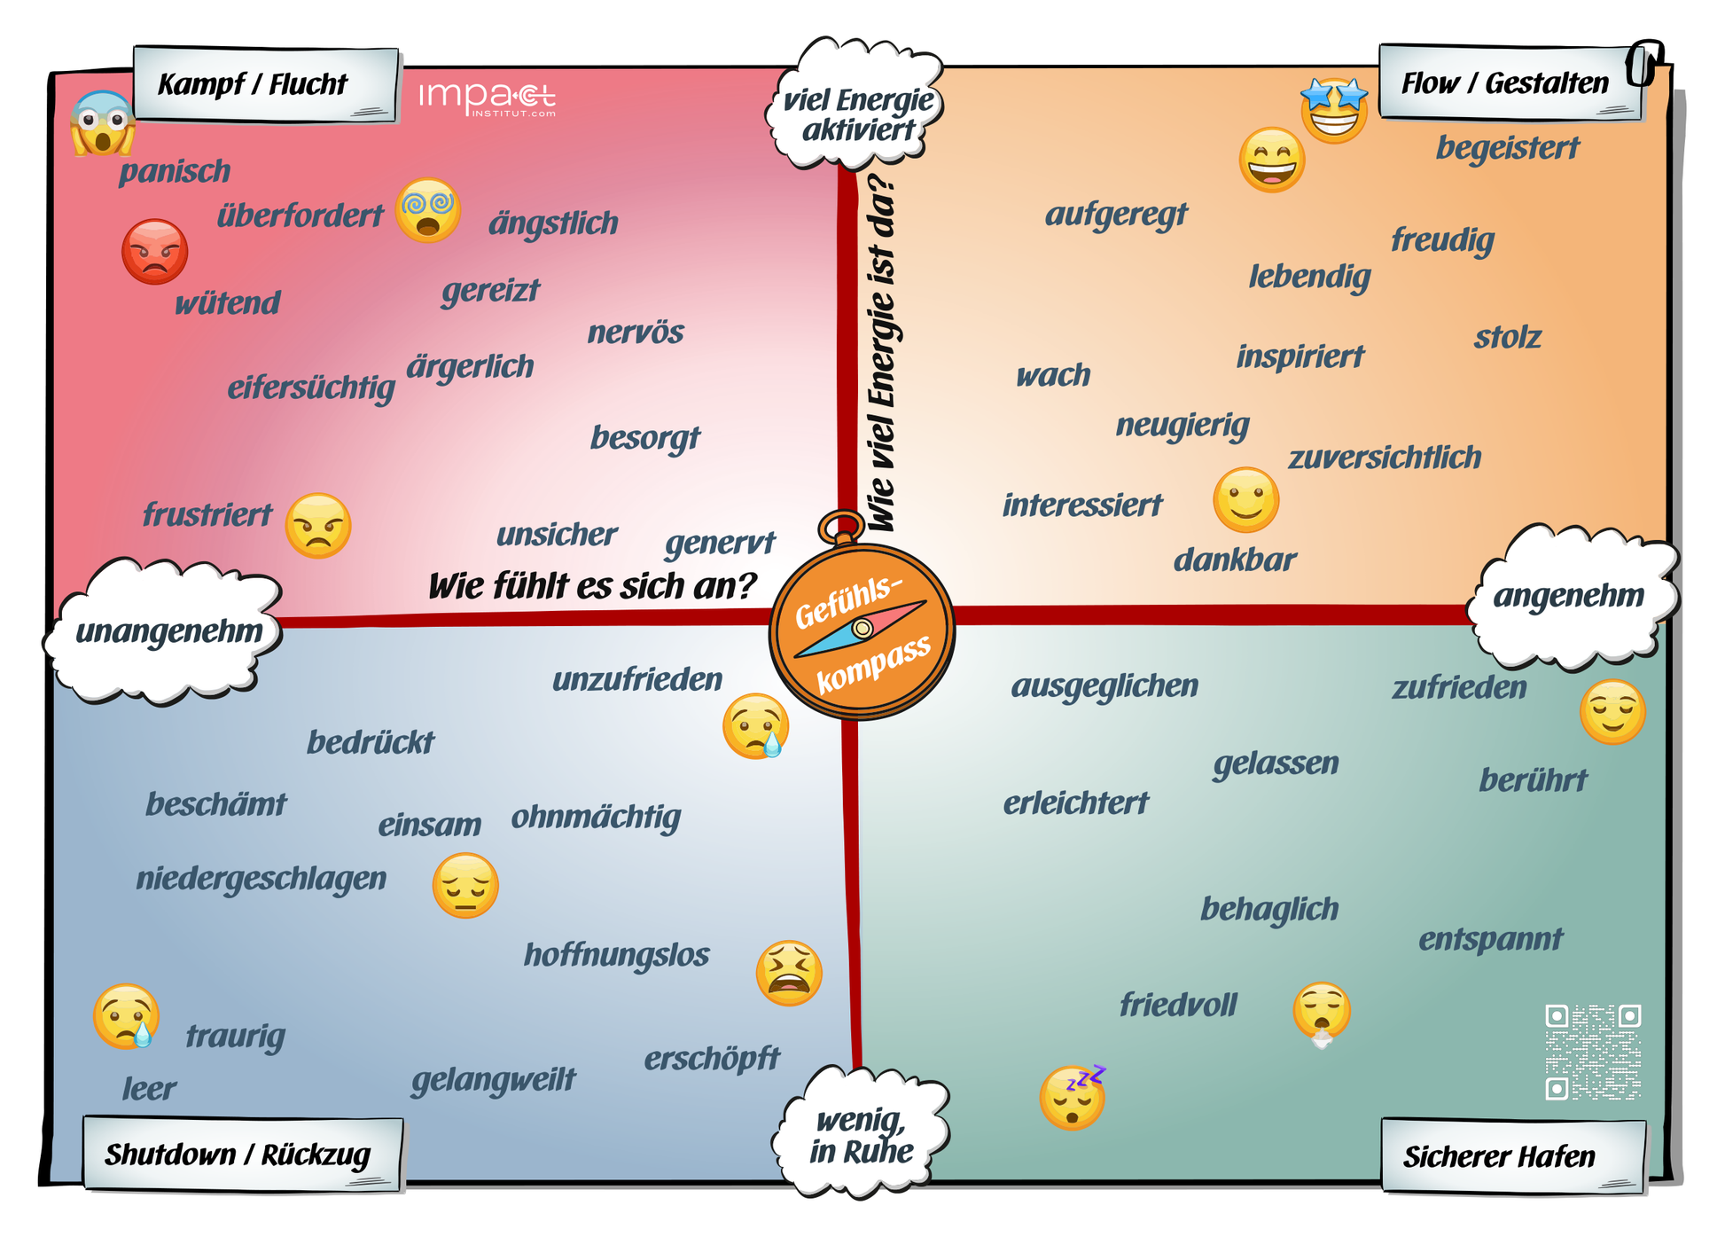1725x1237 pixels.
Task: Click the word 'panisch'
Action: point(175,171)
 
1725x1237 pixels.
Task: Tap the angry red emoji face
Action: point(155,252)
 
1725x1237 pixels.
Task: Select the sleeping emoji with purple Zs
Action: point(1073,1097)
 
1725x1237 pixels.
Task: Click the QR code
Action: point(1593,1052)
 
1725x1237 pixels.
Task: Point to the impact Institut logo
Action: point(488,98)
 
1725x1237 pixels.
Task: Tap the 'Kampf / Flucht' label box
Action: point(266,84)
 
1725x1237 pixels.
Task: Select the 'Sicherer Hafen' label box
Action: point(1513,1155)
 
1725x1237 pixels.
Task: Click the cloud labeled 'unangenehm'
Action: point(165,631)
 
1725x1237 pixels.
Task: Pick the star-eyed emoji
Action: point(1334,110)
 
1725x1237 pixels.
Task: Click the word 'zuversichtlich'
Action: point(1385,458)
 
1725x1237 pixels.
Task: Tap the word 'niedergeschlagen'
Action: point(261,879)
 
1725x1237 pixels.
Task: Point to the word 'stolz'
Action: point(1507,337)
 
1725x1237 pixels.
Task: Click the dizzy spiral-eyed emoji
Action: point(428,210)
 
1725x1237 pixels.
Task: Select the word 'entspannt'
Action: point(1491,939)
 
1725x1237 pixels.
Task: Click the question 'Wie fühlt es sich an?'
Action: point(592,586)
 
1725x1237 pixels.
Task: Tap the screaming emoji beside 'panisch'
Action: point(103,123)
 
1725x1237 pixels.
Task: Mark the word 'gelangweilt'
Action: point(494,1080)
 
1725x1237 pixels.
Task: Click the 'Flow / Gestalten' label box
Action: point(1510,82)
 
